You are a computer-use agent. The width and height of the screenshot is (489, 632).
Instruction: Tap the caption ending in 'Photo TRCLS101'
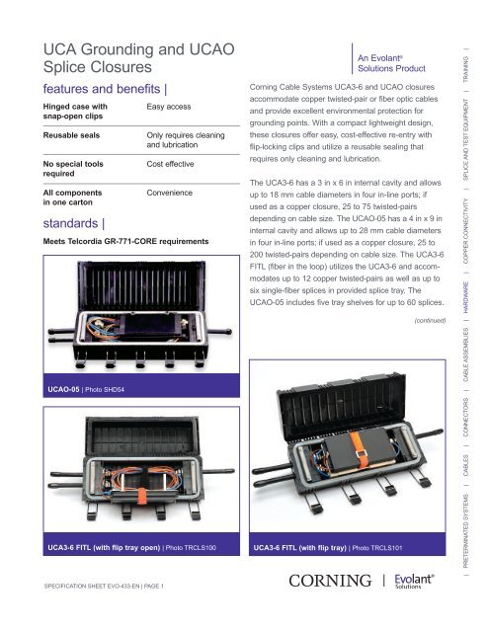326,545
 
